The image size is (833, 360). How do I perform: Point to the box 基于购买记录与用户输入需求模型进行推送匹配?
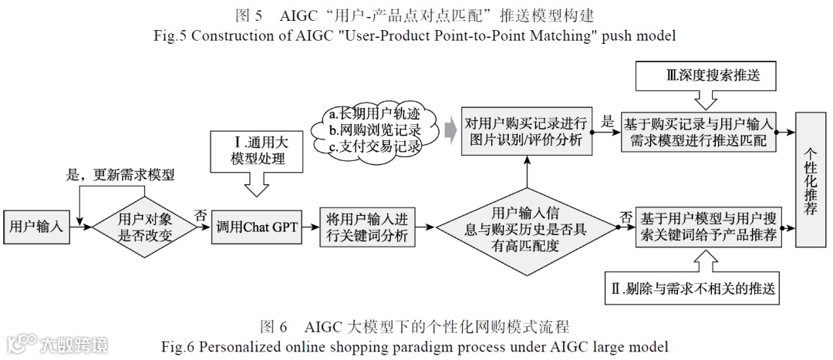tap(700, 132)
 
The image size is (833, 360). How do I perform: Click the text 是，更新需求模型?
tap(122, 174)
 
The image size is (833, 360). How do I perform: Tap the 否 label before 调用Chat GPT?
tap(201, 216)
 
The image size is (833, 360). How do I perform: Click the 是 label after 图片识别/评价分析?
tap(608, 121)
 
